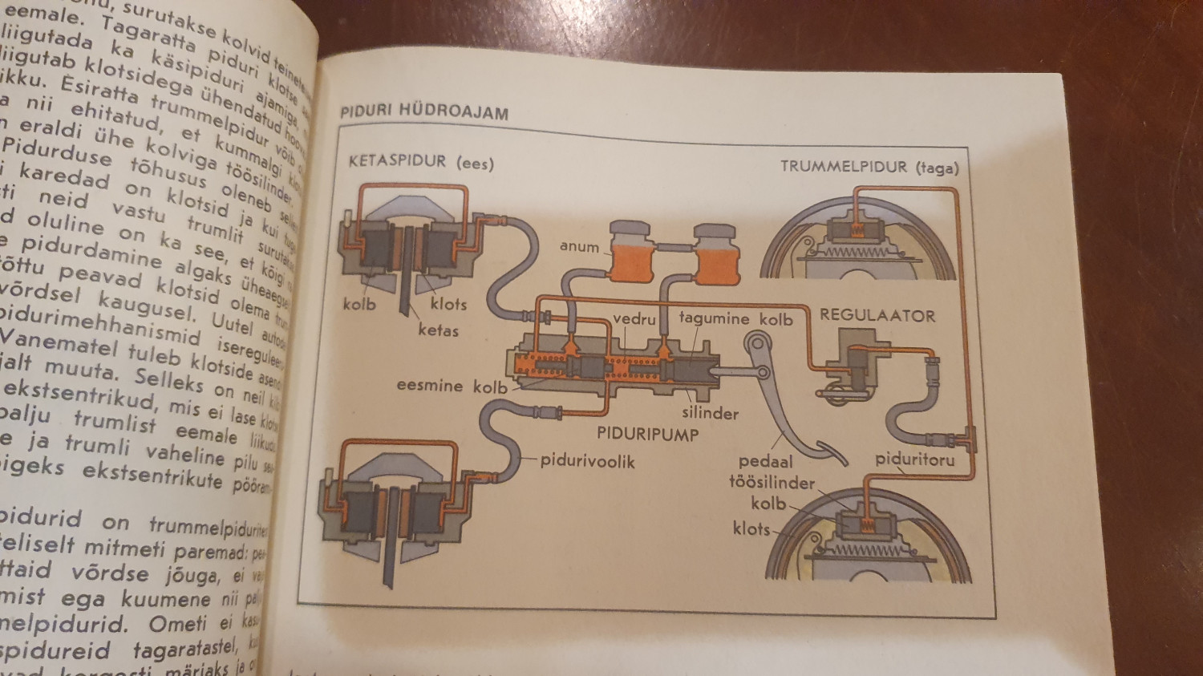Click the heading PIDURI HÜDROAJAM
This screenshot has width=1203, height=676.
click(x=424, y=111)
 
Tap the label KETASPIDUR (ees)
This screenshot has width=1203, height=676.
click(x=421, y=162)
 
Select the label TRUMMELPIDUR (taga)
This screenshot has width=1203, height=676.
click(x=869, y=167)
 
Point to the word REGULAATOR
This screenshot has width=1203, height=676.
click(x=877, y=315)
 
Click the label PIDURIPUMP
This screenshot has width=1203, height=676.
click(x=647, y=435)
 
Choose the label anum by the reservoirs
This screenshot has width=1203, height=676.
click(x=579, y=246)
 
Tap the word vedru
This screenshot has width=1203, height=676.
click(x=634, y=318)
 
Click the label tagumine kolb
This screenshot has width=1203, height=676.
click(x=735, y=318)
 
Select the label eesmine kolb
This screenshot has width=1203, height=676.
click(x=452, y=386)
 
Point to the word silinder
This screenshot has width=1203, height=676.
click(x=710, y=413)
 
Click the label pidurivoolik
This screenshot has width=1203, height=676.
click(x=587, y=461)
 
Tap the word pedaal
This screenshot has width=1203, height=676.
click(x=765, y=461)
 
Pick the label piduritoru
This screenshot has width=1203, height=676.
click(x=914, y=459)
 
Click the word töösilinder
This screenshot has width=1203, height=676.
click(x=772, y=483)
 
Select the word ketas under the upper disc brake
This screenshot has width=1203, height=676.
click(x=438, y=330)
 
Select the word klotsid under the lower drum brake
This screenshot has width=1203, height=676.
click(x=751, y=528)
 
